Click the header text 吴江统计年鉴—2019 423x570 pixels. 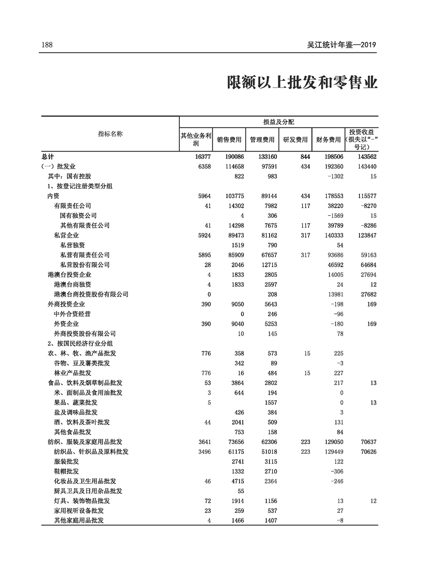(341, 45)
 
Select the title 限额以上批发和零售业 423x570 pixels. (303, 82)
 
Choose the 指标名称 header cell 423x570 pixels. (110, 134)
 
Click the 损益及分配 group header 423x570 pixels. (278, 122)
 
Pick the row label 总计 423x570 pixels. (48, 156)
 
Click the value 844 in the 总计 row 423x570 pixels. (304, 156)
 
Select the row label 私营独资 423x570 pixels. (73, 245)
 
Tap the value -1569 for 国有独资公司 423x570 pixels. (332, 215)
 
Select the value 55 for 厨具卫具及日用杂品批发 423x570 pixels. (241, 491)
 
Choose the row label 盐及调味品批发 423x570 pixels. (76, 412)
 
